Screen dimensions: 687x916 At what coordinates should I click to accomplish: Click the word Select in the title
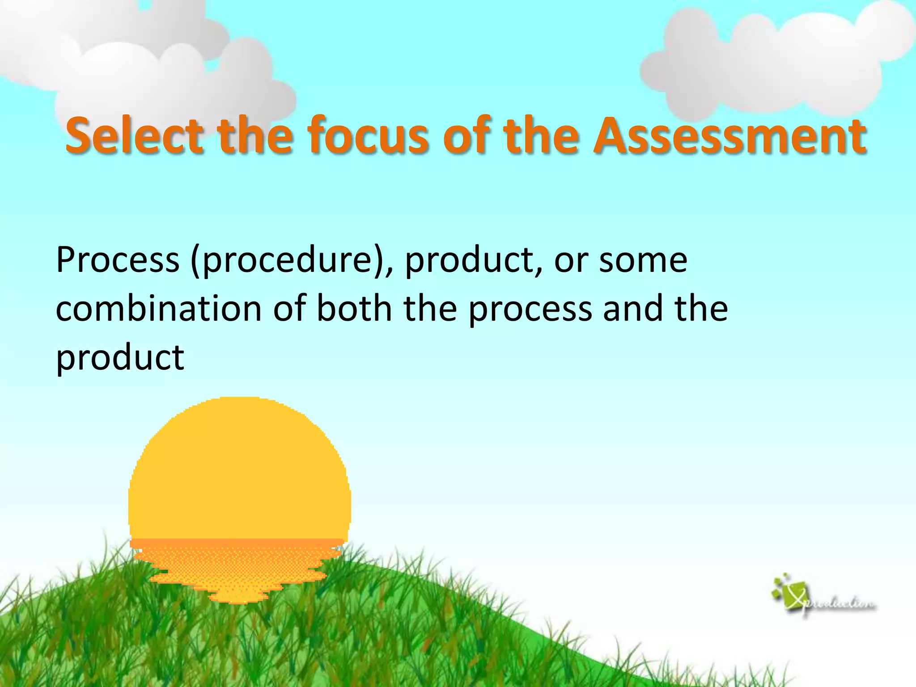(135, 135)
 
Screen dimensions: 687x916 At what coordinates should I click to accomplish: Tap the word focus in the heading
(369, 135)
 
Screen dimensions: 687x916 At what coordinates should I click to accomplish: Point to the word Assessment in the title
(729, 135)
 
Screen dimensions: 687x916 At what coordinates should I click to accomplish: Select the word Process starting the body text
(118, 260)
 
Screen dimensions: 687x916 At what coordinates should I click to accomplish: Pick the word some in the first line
(643, 260)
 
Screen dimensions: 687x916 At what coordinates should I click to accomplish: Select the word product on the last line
(120, 358)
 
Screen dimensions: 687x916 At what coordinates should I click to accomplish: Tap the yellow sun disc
(239, 470)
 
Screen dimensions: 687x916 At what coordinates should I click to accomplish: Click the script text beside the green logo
(841, 605)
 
